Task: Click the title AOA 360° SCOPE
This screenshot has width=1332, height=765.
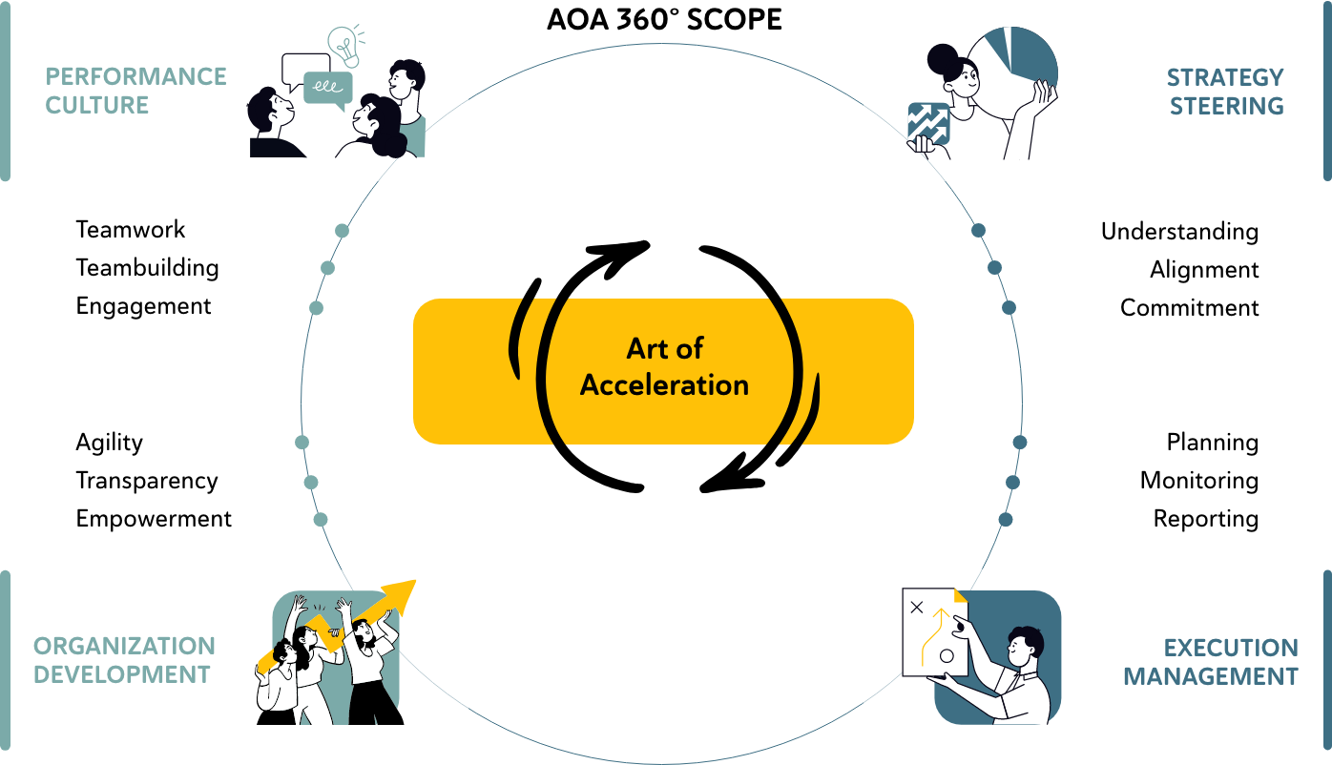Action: click(x=664, y=20)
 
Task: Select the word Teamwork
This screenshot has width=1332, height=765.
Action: click(x=130, y=230)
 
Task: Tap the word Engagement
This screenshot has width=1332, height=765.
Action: click(x=143, y=307)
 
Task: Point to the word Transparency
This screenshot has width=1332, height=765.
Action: click(x=147, y=481)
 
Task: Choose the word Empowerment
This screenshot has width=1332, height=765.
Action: click(x=154, y=519)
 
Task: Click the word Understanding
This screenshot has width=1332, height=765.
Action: click(x=1179, y=232)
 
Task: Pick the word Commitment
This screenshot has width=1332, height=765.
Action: click(x=1189, y=308)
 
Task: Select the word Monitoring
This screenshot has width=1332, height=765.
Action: click(x=1198, y=481)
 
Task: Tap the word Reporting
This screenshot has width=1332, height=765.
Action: click(x=1206, y=519)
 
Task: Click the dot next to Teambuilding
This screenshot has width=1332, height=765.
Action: click(x=327, y=268)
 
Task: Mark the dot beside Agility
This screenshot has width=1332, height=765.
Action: click(x=302, y=443)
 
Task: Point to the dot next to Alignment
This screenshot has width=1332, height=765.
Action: click(x=994, y=268)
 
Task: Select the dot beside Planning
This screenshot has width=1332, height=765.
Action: click(x=1020, y=443)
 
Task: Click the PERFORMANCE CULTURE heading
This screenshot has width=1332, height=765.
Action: click(x=135, y=91)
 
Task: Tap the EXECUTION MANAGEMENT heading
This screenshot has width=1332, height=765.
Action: click(x=1211, y=662)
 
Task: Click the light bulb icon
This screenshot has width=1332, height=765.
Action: click(x=345, y=45)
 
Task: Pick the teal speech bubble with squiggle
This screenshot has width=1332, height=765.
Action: click(x=327, y=90)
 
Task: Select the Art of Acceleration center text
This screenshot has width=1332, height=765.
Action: click(x=664, y=366)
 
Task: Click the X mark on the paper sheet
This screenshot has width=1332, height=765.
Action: click(x=917, y=607)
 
